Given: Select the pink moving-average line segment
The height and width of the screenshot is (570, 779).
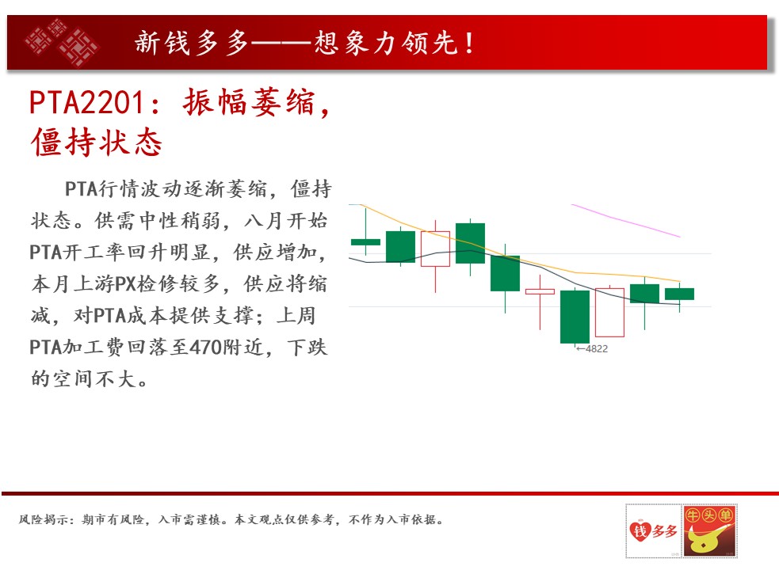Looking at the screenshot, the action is click(x=626, y=220).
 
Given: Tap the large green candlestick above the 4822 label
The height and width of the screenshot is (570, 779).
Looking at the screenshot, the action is click(x=575, y=317).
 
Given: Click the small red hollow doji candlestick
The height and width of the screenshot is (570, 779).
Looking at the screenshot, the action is click(x=540, y=291).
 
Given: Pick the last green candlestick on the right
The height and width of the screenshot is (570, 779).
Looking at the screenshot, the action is click(x=679, y=294).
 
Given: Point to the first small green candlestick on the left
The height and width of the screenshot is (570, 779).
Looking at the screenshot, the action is click(x=365, y=241).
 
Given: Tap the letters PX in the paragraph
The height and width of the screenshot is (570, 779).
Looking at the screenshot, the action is click(x=125, y=284).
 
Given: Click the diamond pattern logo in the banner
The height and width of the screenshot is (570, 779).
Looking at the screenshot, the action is click(x=62, y=43).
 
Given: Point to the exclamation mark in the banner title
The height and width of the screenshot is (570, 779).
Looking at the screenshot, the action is click(x=468, y=43).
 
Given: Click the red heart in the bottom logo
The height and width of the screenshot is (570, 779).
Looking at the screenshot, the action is click(x=640, y=530).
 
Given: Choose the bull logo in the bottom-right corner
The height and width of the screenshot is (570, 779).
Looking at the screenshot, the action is click(x=709, y=530).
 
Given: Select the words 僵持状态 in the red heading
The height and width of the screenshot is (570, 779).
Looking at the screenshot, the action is click(x=97, y=142).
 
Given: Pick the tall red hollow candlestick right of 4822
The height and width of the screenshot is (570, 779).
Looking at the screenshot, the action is click(x=609, y=312).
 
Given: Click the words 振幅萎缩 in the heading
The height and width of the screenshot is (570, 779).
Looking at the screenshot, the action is click(x=250, y=103).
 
